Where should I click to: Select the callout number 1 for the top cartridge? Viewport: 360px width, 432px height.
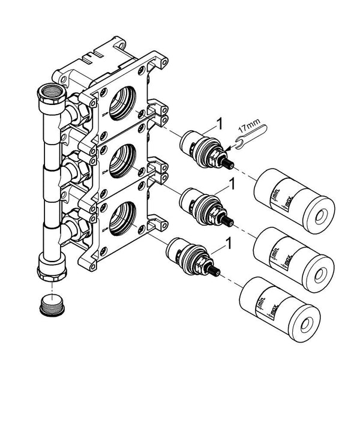click(x=219, y=124)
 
